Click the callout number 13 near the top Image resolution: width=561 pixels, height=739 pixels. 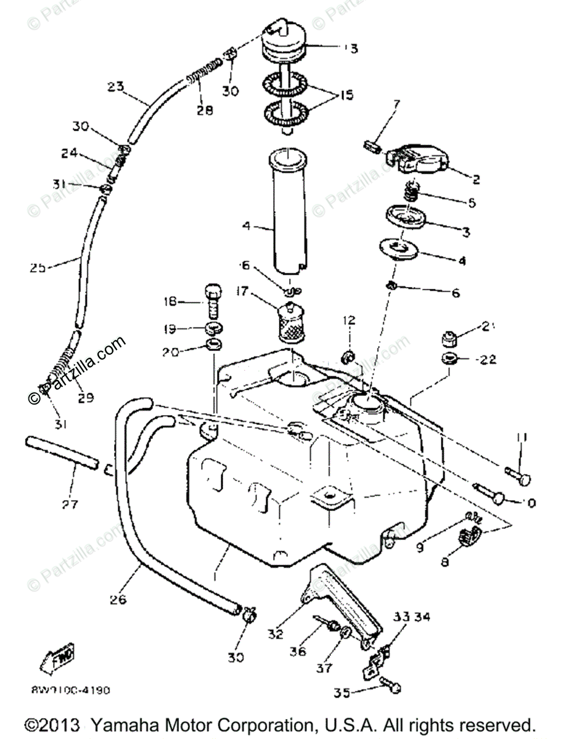351,47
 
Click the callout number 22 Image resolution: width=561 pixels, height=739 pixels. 488,359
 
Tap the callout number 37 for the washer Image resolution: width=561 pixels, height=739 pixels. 325,668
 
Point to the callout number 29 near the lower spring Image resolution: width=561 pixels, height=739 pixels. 86,398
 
